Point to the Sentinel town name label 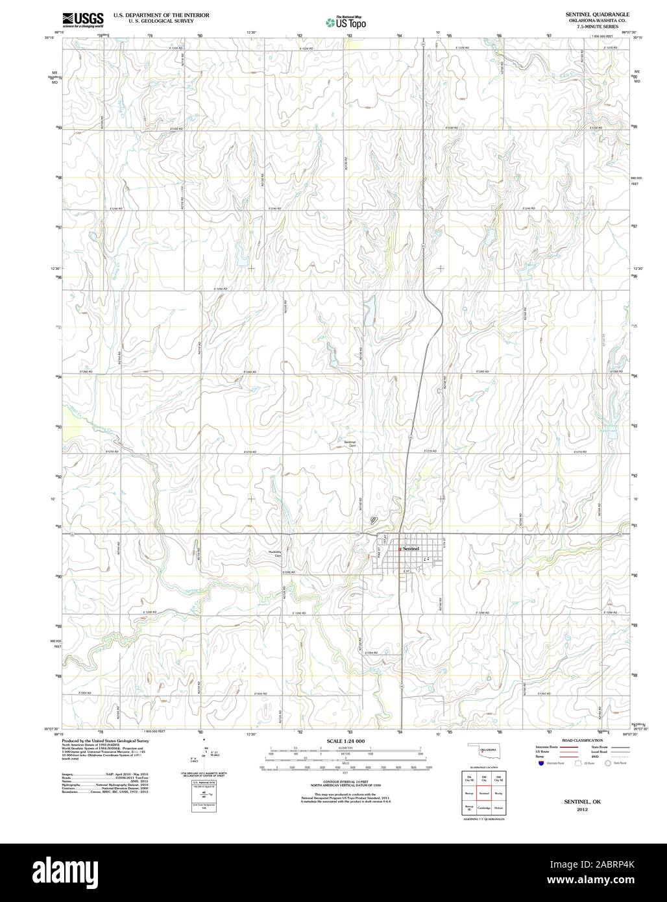pyautogui.click(x=411, y=548)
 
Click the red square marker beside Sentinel pyautogui.click(x=400, y=549)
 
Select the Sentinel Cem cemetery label pyautogui.click(x=350, y=444)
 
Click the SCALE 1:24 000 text pyautogui.click(x=346, y=741)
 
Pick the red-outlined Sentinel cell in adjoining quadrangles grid pyautogui.click(x=484, y=793)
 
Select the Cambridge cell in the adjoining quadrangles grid pyautogui.click(x=484, y=808)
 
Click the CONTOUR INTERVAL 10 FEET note pyautogui.click(x=346, y=781)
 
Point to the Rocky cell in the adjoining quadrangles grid pyautogui.click(x=498, y=793)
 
